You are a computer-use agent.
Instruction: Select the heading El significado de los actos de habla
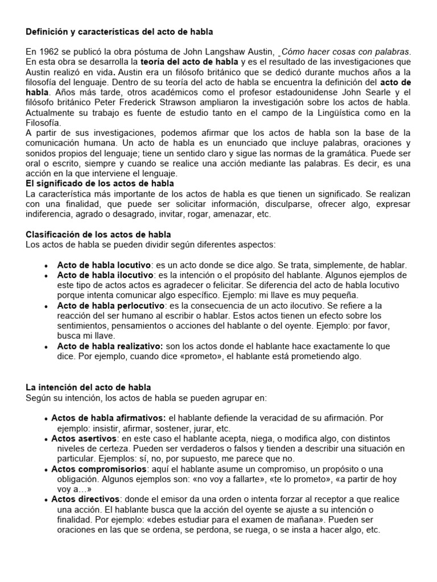pyautogui.click(x=100, y=184)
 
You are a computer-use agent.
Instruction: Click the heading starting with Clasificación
pyautogui.click(x=98, y=235)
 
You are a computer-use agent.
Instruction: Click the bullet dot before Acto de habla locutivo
pyautogui.click(x=46, y=265)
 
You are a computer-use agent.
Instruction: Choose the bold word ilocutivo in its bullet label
pyautogui.click(x=133, y=275)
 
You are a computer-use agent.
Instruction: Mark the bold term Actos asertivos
pyautogui.click(x=84, y=439)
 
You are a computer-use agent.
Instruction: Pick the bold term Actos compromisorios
pyautogui.click(x=100, y=469)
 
